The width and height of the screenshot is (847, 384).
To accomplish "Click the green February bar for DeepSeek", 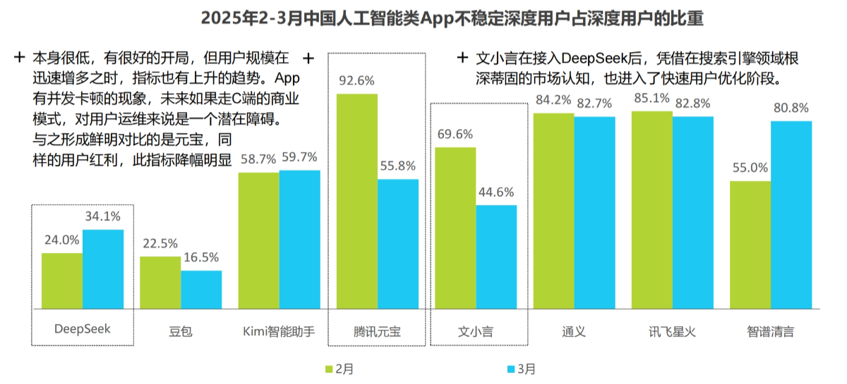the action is (62, 281).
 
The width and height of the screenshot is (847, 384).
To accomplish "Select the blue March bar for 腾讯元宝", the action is (398, 244).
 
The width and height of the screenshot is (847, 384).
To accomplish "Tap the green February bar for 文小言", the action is (455, 228).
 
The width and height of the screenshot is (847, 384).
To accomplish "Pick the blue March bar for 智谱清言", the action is (791, 215).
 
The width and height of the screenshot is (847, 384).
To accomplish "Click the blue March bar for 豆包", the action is (201, 290).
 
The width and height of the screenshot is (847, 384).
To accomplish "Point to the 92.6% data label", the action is (356, 81).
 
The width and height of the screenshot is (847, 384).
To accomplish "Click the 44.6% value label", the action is (496, 192).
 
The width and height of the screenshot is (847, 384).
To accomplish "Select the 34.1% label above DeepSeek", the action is (103, 216).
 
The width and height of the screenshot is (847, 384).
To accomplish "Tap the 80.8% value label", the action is (791, 108).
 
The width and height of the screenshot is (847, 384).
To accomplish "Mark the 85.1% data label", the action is (652, 98).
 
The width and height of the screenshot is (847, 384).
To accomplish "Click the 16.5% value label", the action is (201, 257).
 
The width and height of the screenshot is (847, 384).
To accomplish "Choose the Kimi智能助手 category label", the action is (279, 332).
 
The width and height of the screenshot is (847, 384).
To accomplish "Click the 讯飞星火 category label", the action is (672, 332).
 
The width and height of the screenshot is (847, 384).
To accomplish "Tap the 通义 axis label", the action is (574, 332).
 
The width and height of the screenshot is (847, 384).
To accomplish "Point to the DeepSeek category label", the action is (83, 329).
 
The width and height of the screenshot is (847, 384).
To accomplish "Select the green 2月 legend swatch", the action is (329, 369).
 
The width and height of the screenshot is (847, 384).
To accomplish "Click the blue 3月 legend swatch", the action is (511, 369).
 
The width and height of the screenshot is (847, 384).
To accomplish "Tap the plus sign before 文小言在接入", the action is (462, 58).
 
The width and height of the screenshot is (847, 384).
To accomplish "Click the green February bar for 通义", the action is (553, 211).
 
